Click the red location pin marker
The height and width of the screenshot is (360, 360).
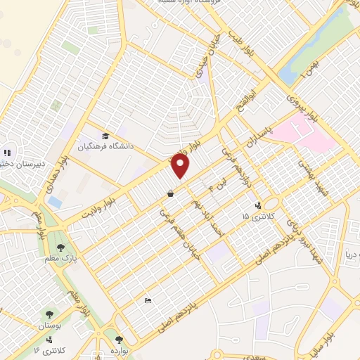coord(181,167)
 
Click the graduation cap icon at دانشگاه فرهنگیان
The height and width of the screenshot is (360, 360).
coord(105,136)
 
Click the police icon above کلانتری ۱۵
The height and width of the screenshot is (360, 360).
coord(259,205)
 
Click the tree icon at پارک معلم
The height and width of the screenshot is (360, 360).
coord(61,247)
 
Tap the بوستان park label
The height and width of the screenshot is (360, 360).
coord(49,326)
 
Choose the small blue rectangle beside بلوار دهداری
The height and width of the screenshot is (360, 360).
coord(55,202)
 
